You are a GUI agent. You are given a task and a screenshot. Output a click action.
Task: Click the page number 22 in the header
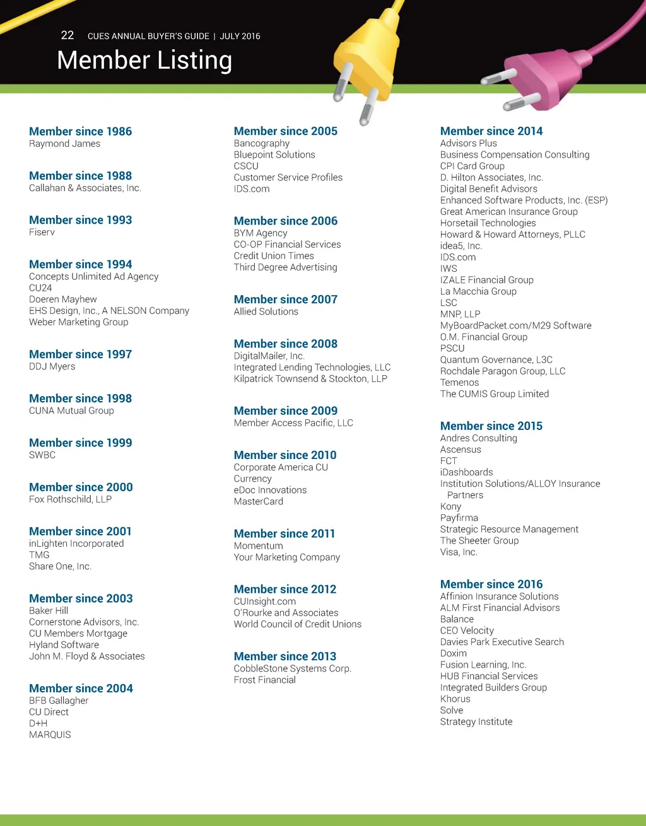(68, 35)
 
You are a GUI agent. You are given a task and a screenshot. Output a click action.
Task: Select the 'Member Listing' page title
(144, 61)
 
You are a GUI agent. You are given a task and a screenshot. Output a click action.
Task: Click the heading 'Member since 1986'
(80, 131)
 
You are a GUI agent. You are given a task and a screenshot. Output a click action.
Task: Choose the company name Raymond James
(64, 144)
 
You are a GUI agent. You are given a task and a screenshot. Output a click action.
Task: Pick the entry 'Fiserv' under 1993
(42, 232)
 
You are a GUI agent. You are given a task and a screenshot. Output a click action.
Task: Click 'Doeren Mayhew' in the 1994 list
(63, 299)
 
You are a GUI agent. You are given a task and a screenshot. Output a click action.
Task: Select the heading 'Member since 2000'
(81, 487)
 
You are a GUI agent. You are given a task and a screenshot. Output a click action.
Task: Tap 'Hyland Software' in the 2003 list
(64, 644)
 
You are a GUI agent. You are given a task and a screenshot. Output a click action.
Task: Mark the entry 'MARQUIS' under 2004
(50, 735)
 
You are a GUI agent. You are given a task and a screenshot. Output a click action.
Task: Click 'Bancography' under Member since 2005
(261, 143)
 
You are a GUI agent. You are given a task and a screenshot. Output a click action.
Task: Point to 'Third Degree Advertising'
(285, 267)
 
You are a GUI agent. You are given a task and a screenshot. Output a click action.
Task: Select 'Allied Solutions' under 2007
(266, 311)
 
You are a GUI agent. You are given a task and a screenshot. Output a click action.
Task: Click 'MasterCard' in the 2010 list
(258, 501)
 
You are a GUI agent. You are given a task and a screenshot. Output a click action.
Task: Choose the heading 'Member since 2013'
(285, 656)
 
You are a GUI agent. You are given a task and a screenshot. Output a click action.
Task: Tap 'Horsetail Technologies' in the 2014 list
(488, 223)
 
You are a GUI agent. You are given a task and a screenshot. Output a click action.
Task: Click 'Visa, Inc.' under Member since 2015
(459, 552)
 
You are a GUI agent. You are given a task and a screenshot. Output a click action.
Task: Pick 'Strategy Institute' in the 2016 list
(476, 721)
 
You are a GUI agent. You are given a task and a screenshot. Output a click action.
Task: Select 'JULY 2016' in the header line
(240, 36)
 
